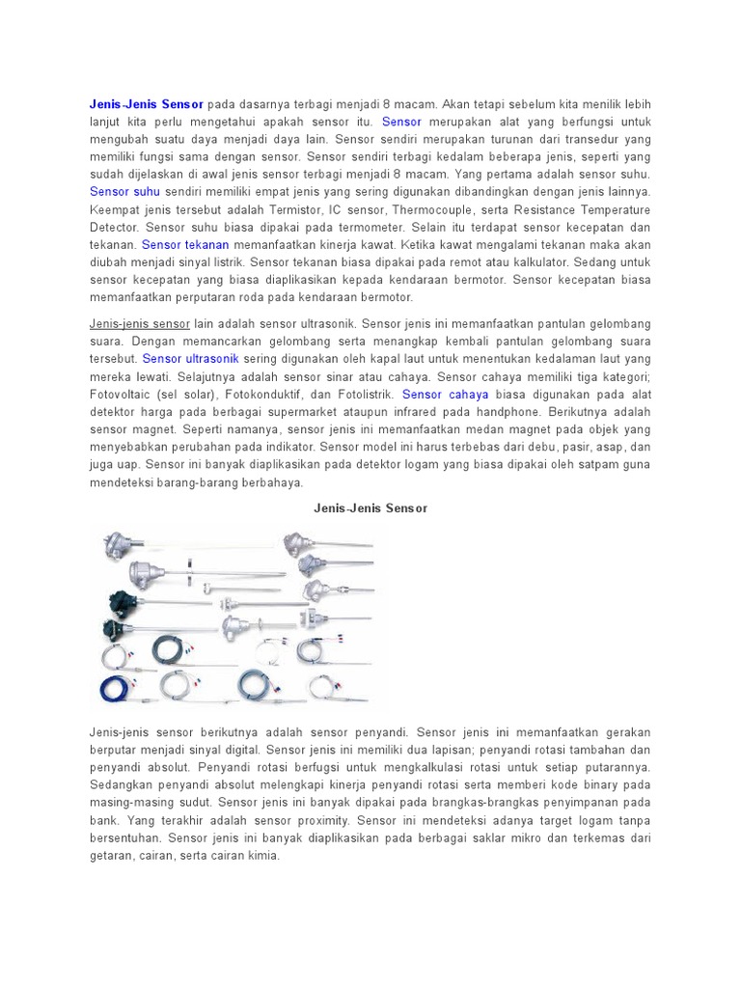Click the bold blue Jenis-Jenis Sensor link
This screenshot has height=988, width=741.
pos(146,103)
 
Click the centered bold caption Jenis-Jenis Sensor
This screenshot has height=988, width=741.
pos(370,507)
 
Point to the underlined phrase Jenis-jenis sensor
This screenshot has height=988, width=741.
pos(140,322)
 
